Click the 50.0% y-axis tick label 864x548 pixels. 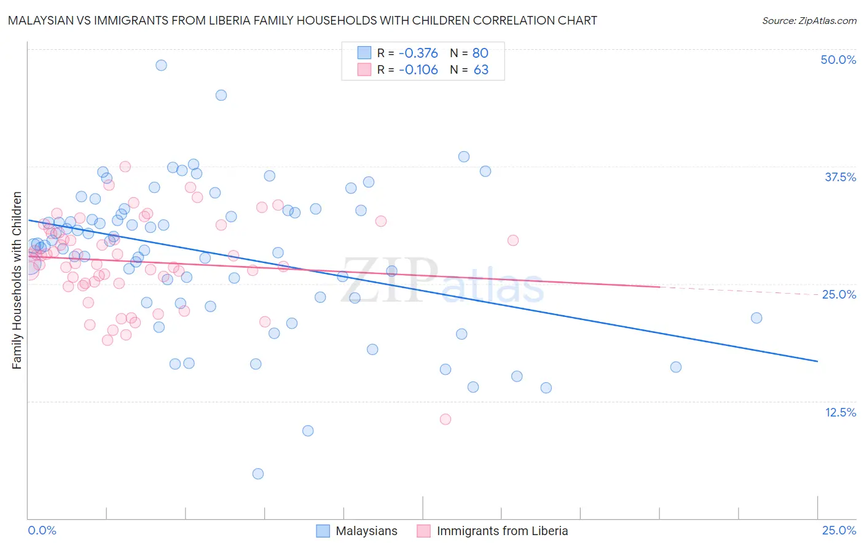[838, 60]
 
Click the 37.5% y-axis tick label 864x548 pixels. [840, 177]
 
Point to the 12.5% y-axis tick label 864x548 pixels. [840, 412]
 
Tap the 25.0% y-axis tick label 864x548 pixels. [839, 294]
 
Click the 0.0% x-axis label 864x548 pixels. [42, 530]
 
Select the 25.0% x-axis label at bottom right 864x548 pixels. [839, 530]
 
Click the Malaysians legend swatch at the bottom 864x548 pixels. [323, 531]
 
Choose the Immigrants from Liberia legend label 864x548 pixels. [502, 531]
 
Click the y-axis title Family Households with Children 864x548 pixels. [17, 280]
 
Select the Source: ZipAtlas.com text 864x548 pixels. [809, 20]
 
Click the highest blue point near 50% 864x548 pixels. [161, 65]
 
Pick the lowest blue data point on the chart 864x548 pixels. [258, 474]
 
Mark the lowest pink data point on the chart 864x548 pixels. [446, 419]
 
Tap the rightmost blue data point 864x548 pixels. [756, 318]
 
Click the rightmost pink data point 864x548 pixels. [513, 240]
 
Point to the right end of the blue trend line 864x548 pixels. [817, 361]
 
